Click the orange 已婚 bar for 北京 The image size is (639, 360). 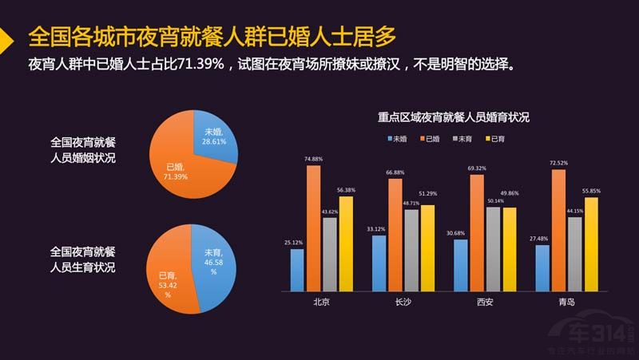tap(313, 230)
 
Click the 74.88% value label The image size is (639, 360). tap(314, 159)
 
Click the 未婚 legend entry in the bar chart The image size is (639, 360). tap(393, 139)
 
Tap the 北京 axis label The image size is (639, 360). tap(321, 303)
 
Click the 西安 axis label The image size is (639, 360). tap(484, 303)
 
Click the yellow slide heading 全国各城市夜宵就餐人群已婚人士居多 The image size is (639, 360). tap(212, 36)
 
